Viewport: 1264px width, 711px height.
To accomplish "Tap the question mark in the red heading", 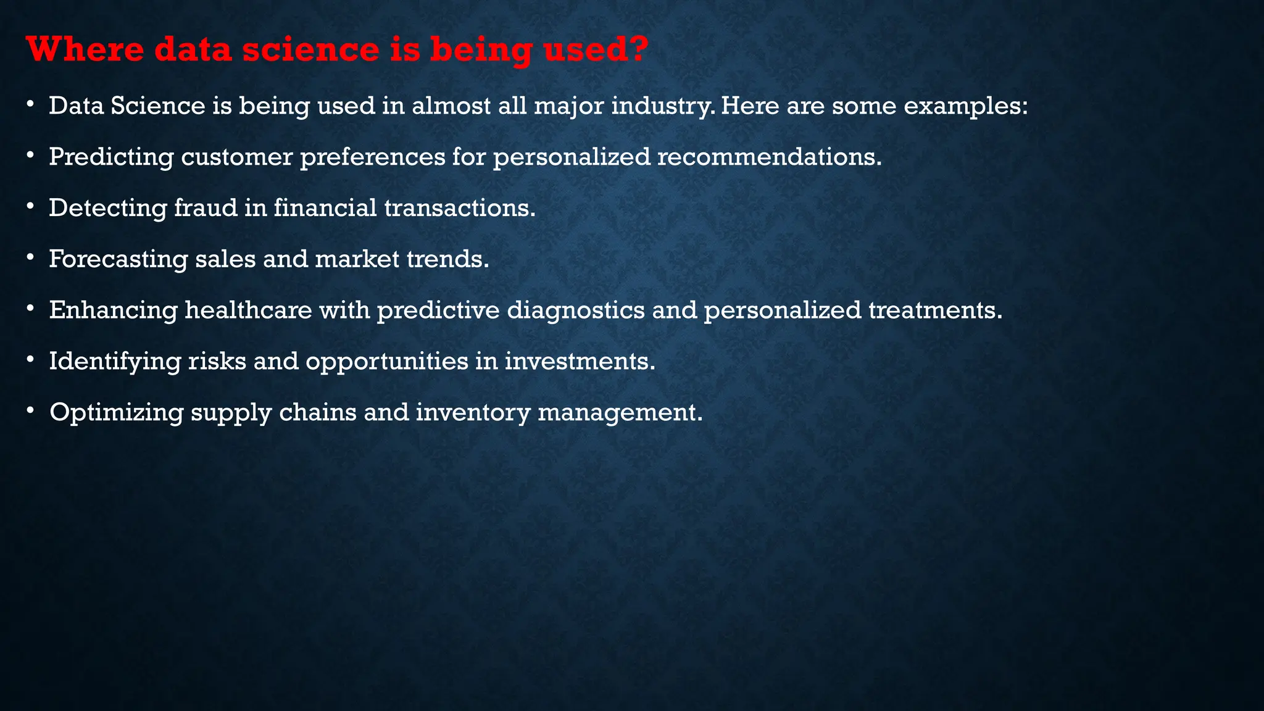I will [638, 49].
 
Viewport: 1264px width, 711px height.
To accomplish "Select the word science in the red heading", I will [310, 49].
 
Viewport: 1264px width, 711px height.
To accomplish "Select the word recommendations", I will [769, 157].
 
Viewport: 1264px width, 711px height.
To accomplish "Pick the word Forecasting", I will [118, 259].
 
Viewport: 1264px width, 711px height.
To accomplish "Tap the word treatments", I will [934, 310].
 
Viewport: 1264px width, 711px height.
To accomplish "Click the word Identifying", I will [115, 361].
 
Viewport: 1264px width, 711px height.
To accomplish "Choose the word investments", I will [580, 361].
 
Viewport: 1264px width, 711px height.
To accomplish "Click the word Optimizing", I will [116, 412].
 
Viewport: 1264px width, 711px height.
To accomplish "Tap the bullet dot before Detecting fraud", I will [30, 207].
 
